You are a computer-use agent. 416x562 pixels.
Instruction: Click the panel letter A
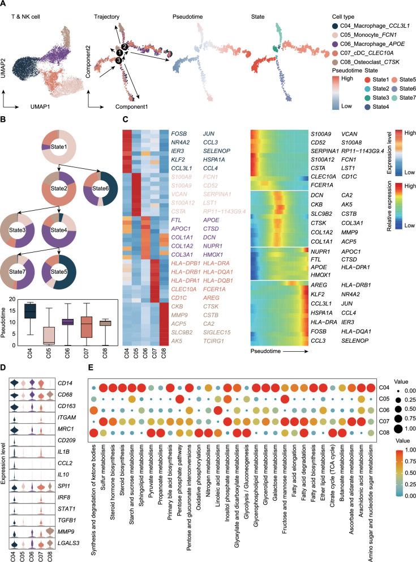pos(4,5)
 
